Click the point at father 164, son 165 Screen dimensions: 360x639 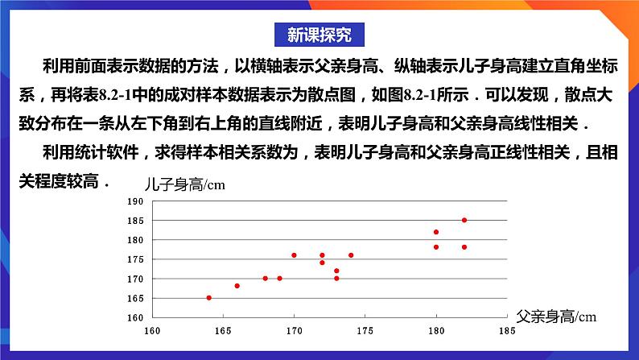coord(208,298)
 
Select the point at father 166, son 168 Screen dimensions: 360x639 coord(237,286)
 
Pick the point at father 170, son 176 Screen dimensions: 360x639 coord(294,255)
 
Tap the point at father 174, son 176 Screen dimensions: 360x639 coord(351,255)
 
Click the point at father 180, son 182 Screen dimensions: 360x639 coord(436,232)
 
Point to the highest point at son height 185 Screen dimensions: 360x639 coord(464,220)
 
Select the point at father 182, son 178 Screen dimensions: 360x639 coord(464,247)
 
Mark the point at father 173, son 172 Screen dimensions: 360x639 coord(336,271)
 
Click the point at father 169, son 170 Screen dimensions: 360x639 coord(279,279)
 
